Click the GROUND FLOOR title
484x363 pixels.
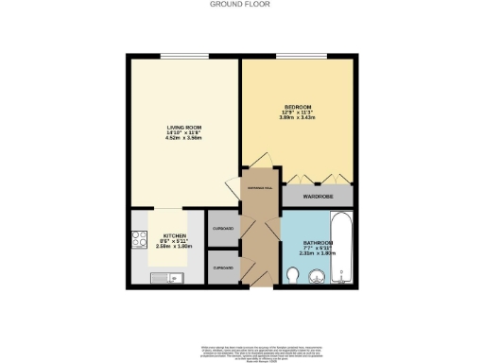[242, 5]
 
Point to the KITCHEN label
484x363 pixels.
[173, 235]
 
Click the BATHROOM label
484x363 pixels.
[317, 242]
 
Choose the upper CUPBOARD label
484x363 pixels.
[223, 228]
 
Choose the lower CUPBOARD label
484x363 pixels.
[223, 268]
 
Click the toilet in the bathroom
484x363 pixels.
[294, 275]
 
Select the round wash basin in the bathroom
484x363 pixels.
[317, 276]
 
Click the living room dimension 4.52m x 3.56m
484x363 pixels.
[182, 138]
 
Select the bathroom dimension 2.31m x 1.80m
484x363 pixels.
[317, 253]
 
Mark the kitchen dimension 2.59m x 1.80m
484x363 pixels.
[173, 247]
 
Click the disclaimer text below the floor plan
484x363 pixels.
[242, 349]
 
